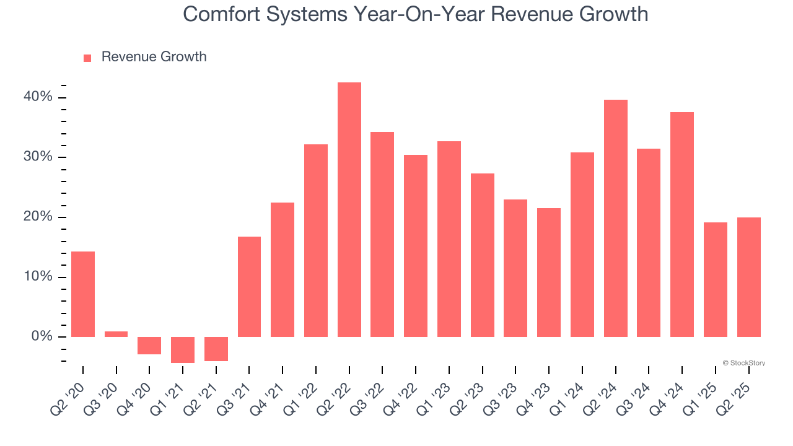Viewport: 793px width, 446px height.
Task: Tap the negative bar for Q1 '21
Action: tap(183, 349)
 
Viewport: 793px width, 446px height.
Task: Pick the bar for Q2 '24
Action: tap(615, 218)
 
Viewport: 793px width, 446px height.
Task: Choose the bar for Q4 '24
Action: tap(682, 224)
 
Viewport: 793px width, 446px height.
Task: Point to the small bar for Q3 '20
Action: tap(116, 334)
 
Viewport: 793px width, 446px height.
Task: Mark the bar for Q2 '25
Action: tap(748, 277)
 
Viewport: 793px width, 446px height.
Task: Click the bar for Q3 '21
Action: tap(249, 286)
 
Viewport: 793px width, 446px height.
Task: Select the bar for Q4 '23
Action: tap(549, 272)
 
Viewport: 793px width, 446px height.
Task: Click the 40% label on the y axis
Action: tap(38, 97)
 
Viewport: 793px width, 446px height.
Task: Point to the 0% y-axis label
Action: tap(42, 336)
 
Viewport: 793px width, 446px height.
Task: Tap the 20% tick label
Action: tap(38, 217)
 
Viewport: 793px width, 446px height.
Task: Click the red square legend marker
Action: tap(87, 58)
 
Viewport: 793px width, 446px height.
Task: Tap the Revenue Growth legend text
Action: tap(154, 57)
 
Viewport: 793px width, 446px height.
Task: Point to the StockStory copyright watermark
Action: tap(743, 363)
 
